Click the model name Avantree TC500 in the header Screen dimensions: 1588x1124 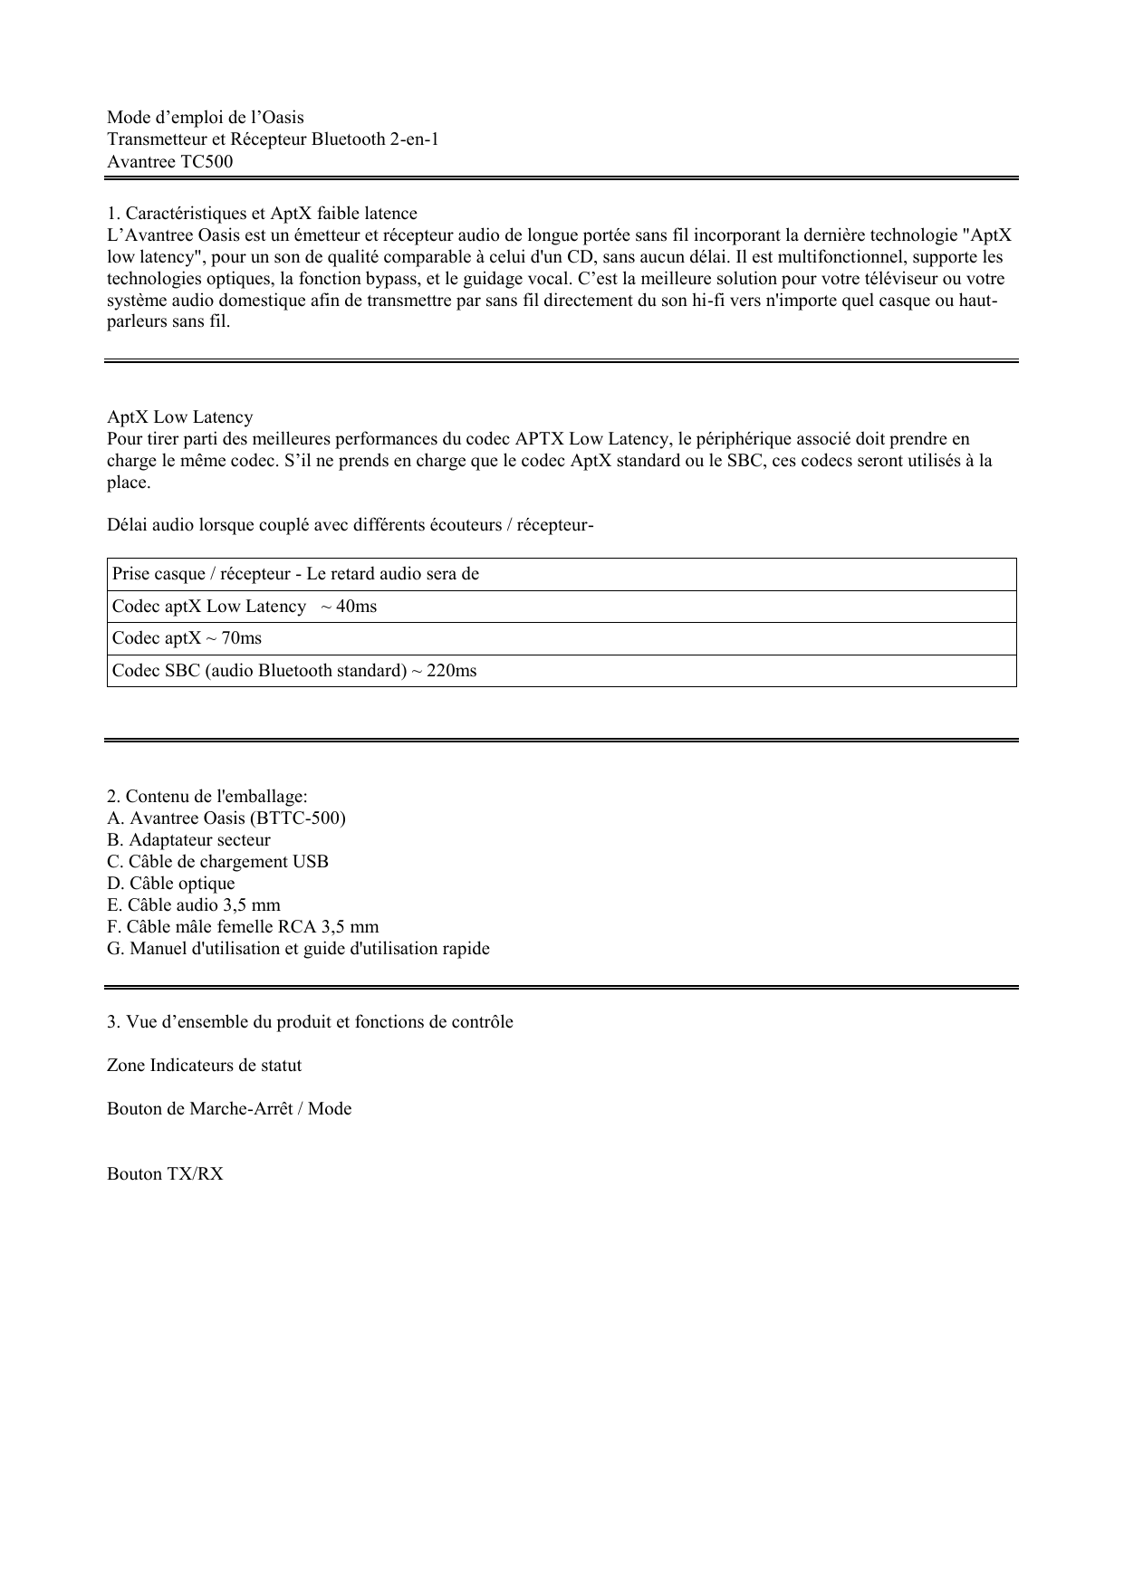click(169, 162)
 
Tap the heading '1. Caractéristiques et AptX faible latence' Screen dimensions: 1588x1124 click(262, 214)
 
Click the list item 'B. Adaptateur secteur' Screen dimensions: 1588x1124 click(188, 840)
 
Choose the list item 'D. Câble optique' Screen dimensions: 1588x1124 click(170, 884)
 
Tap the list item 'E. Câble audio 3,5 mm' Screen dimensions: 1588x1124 click(193, 905)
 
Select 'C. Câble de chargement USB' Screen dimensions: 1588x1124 click(217, 862)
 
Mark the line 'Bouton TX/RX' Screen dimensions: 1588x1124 click(165, 1174)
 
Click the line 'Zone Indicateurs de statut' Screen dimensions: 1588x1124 click(204, 1066)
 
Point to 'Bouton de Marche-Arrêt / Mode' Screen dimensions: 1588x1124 click(229, 1109)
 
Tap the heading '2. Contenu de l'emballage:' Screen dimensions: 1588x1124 click(207, 797)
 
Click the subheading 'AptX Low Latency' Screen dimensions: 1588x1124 click(179, 417)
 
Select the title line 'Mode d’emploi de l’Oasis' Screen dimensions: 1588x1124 click(205, 118)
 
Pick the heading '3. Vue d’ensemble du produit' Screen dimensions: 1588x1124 click(310, 1022)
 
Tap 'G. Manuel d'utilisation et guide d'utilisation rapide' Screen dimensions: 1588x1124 click(298, 949)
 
